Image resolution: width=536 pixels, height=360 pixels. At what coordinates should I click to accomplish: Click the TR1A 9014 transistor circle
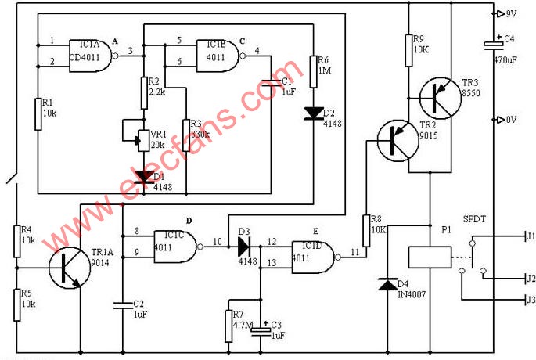[x=67, y=266]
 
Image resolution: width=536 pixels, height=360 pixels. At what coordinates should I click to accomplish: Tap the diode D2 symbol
[x=312, y=111]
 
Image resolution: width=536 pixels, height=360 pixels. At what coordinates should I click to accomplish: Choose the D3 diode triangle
[x=243, y=248]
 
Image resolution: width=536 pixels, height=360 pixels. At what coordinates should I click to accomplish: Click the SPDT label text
[x=475, y=219]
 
